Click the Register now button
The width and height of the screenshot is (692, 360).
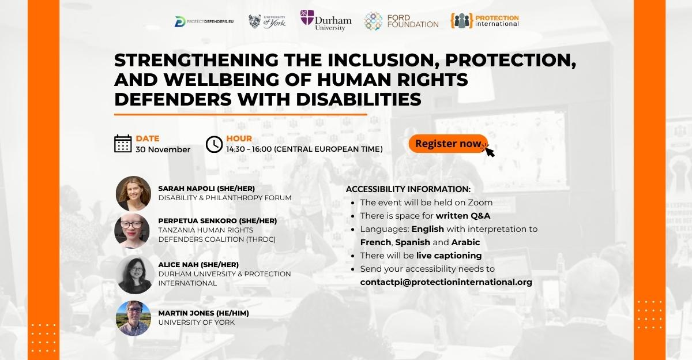click(447, 144)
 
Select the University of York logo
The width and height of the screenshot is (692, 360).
click(267, 21)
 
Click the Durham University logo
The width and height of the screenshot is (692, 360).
click(326, 20)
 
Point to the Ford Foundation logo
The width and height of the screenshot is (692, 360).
click(401, 21)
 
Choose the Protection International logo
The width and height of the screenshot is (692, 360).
click(486, 21)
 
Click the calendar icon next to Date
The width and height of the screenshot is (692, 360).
click(123, 144)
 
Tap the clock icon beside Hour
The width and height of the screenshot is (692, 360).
click(214, 144)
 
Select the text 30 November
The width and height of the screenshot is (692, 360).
click(163, 149)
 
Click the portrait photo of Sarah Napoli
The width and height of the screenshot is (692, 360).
click(133, 193)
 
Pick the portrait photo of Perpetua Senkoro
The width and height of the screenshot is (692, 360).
click(133, 231)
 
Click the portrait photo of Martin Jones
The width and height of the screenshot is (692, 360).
click(133, 318)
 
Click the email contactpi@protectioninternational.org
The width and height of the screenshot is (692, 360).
click(446, 282)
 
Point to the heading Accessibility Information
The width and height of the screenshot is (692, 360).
click(408, 189)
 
